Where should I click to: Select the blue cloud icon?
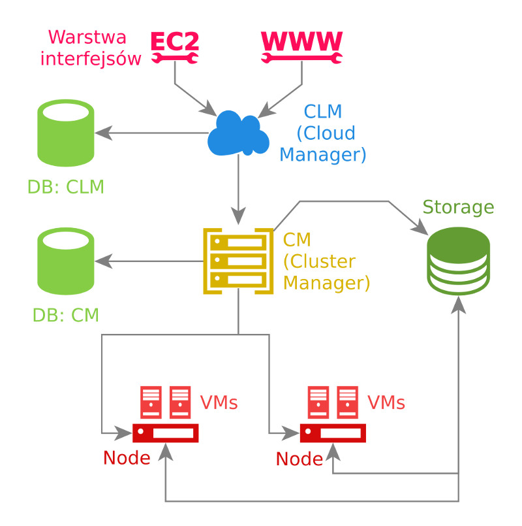(239, 133)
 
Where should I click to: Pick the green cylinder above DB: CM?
(65, 261)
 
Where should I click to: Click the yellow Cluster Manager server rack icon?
(238, 261)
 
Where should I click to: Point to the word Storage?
(458, 208)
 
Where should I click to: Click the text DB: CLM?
(66, 188)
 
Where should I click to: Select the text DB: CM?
(66, 316)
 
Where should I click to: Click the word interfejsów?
(91, 59)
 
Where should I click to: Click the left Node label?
(127, 457)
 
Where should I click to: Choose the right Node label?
(299, 459)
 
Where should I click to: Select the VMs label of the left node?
(219, 403)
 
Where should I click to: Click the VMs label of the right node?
(386, 403)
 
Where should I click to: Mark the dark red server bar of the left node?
(166, 433)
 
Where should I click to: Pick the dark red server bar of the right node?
(333, 433)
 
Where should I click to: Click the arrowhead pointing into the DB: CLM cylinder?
(102, 133)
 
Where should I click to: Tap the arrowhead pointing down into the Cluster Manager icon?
(239, 218)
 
